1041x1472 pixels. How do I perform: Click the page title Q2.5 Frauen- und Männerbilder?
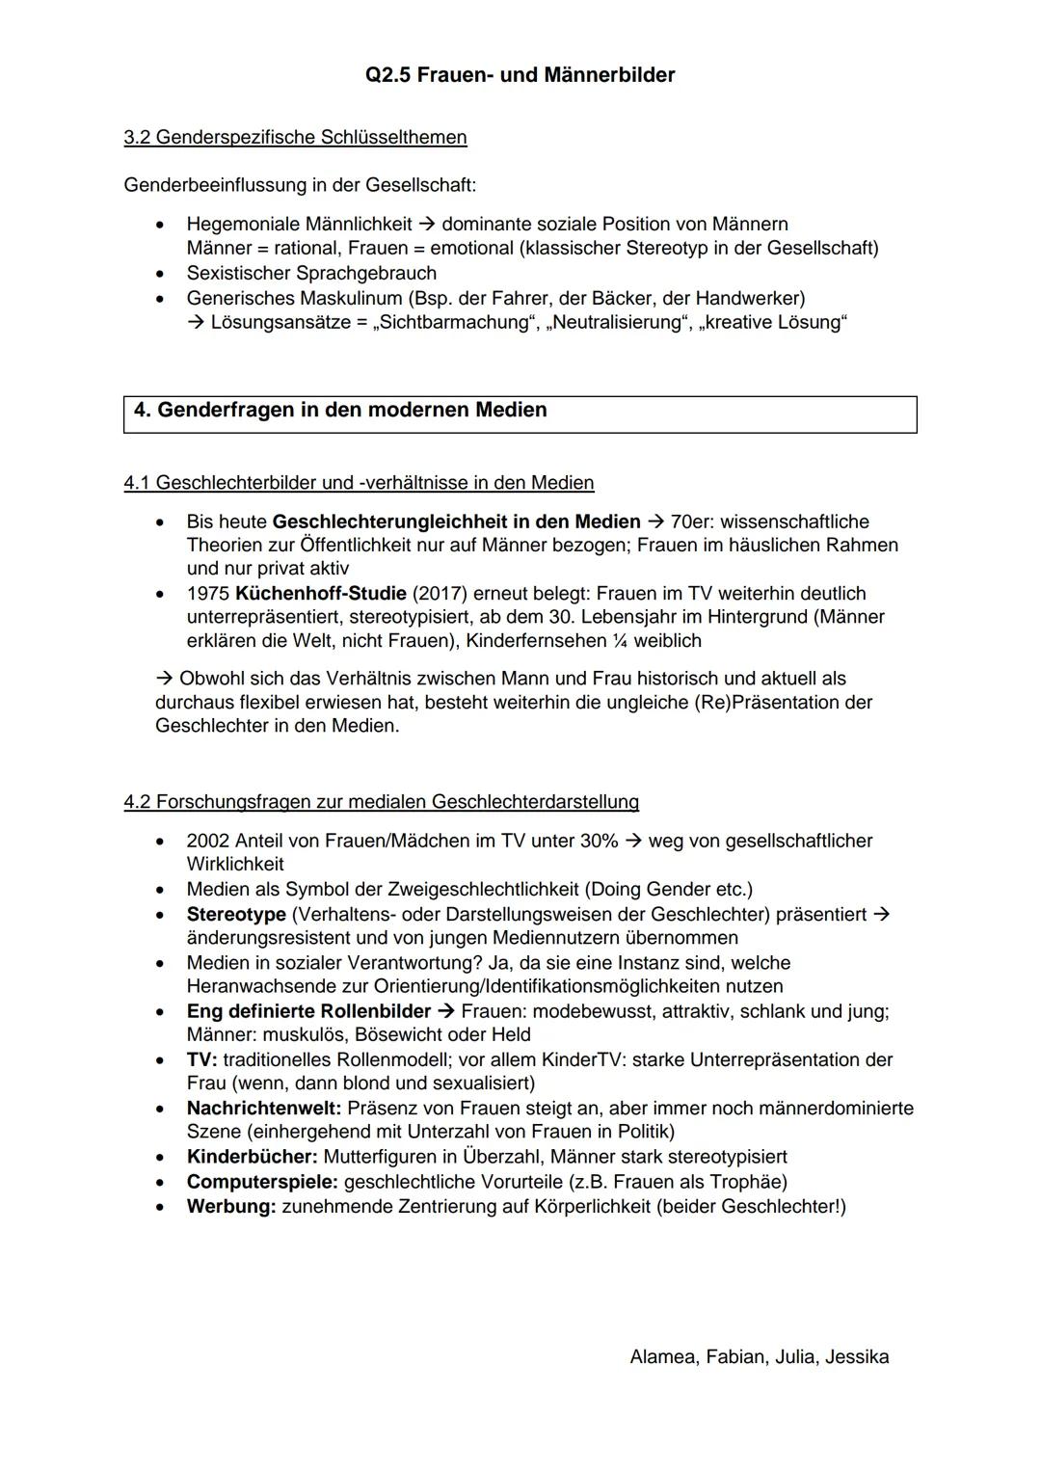click(x=520, y=75)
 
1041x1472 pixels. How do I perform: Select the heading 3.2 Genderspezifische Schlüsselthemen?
click(x=295, y=138)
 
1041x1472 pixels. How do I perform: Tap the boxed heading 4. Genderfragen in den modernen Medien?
click(x=340, y=411)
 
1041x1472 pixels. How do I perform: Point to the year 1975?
click(x=207, y=594)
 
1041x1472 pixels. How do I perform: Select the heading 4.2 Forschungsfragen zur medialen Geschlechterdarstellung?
click(x=381, y=802)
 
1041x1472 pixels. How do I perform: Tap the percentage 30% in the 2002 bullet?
click(x=599, y=842)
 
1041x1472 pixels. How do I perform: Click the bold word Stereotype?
click(x=236, y=915)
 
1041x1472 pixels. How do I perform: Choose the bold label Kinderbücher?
click(x=252, y=1157)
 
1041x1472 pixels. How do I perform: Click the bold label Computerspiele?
click(x=262, y=1182)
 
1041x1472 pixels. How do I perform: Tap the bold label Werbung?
click(x=231, y=1207)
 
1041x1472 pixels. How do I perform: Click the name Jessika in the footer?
click(x=857, y=1357)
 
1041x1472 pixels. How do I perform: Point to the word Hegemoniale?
click(x=243, y=225)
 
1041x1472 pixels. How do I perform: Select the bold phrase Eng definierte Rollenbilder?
click(x=308, y=1012)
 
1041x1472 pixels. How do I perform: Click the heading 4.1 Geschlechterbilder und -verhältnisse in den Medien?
click(x=359, y=483)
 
